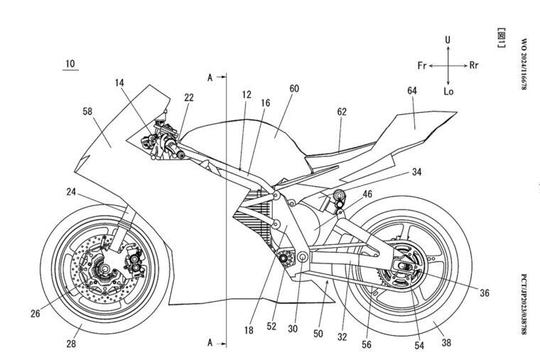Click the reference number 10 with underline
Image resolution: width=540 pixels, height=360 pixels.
(x=70, y=64)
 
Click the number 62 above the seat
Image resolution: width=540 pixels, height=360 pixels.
(x=342, y=111)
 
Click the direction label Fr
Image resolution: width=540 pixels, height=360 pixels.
(x=422, y=65)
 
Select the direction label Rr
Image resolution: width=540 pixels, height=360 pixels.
(x=474, y=65)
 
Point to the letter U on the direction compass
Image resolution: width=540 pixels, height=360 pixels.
(x=448, y=41)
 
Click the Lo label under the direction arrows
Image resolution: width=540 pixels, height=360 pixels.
(x=448, y=91)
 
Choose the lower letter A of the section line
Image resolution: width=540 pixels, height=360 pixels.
(x=210, y=342)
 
